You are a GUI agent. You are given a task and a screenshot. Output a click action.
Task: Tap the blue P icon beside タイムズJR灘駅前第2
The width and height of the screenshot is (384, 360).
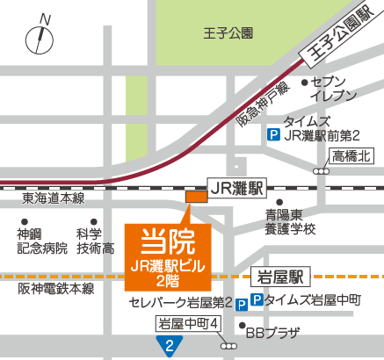273,136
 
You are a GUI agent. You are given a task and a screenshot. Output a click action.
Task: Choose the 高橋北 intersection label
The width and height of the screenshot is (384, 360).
353,156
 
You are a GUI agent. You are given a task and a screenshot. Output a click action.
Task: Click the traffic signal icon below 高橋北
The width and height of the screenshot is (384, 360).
324,172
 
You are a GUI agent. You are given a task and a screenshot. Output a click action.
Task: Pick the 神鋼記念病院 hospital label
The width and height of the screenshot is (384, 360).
42,241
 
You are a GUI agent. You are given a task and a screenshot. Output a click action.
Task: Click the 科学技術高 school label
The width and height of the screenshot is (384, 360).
95,241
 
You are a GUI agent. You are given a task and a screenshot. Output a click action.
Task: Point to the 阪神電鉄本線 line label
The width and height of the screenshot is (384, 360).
57,287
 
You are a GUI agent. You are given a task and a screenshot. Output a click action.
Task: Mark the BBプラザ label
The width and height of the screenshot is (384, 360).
272,333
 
